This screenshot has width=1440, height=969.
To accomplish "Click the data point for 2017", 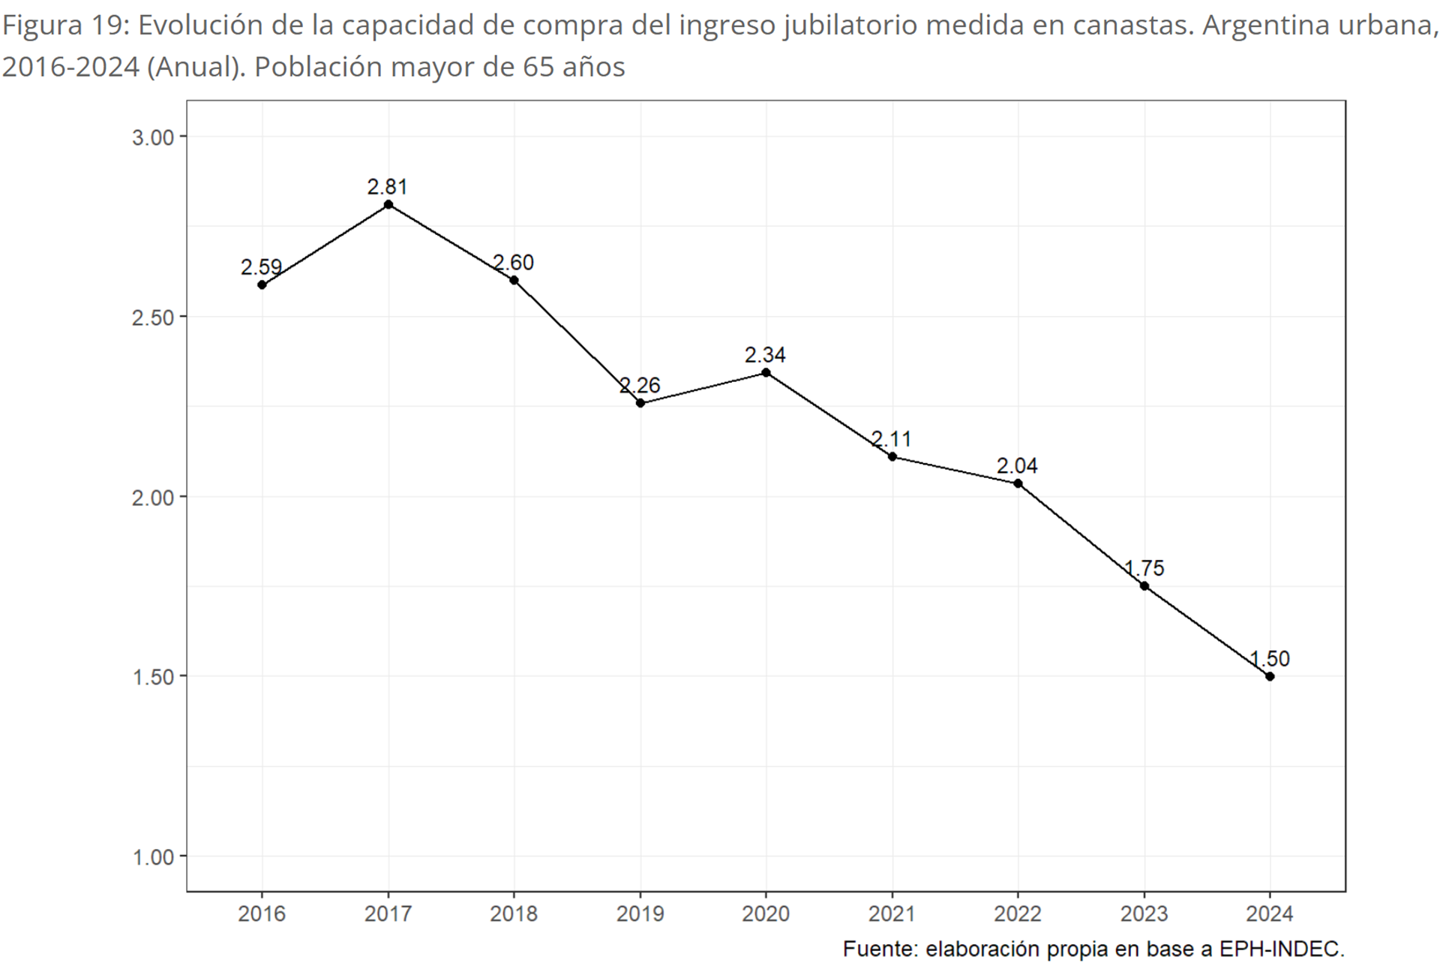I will coord(388,204).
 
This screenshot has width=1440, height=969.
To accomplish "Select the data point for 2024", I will coord(1269,676).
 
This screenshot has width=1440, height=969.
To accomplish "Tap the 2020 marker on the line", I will coord(766,373).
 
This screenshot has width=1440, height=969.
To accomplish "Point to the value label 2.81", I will coord(387,187).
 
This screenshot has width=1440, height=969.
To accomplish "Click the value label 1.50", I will coord(1269,659).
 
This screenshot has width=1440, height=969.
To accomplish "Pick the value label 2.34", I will coord(765,355).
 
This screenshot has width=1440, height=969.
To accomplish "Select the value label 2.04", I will coord(1017,466).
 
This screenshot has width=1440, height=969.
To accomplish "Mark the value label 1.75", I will coord(1144,568).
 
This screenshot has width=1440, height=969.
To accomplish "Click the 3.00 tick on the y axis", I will coord(153,137).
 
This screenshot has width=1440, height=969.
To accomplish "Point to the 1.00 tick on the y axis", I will coord(153,856).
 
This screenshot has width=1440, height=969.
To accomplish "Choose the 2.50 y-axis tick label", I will coord(153,317).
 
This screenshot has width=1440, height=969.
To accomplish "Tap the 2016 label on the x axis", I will coord(262,913).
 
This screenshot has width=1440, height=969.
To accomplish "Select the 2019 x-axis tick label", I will coord(640,913).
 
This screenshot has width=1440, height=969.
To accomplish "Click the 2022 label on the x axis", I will coord(1018,913).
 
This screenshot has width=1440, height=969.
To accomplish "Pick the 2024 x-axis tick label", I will coord(1269,913).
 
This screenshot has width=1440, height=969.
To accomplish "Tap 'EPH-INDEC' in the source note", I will coord(1281,949).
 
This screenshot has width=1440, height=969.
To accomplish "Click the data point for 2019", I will coord(640,403).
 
